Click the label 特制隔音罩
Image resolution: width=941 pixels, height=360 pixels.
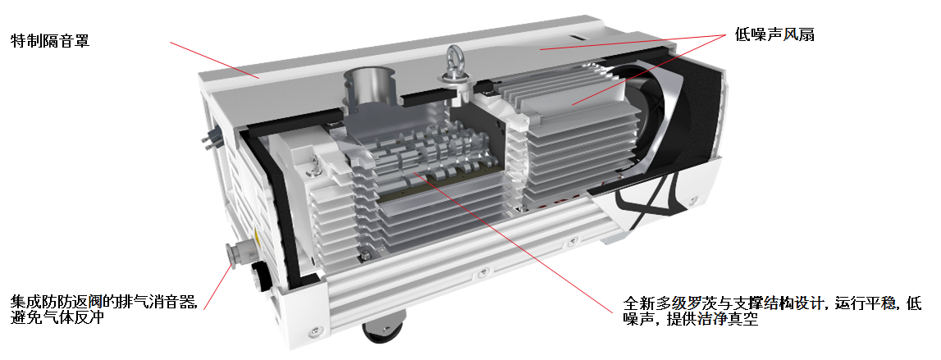click(50, 41)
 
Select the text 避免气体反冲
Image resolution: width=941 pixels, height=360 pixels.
click(58, 317)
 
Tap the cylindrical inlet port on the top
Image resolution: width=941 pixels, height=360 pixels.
click(369, 88)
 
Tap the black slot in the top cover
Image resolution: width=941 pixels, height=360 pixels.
click(578, 38)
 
